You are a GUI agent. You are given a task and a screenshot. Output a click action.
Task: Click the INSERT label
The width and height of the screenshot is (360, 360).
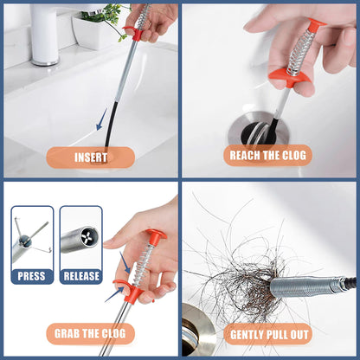[x=90, y=157]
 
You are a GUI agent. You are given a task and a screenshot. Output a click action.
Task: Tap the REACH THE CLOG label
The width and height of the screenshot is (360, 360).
[x=268, y=156]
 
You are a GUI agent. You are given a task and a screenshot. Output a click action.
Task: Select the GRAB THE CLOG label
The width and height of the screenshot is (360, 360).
[x=90, y=333]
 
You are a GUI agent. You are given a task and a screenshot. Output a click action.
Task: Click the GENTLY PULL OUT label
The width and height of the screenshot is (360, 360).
[x=269, y=333]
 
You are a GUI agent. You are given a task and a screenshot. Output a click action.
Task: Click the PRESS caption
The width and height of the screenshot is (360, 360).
[x=32, y=276]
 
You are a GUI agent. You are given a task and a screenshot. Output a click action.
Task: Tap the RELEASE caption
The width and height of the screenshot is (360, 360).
[x=80, y=276]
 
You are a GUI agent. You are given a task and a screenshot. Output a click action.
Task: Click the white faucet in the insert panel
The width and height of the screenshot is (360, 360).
[x=44, y=35]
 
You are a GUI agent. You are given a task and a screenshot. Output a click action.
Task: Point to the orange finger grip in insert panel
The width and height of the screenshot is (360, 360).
[x=132, y=34]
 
